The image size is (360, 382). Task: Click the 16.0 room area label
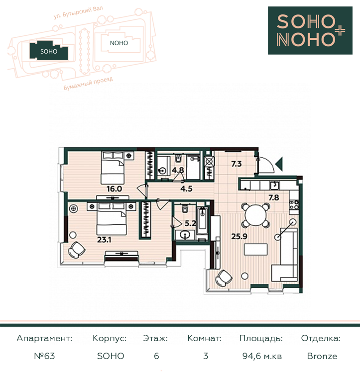coord(114,189)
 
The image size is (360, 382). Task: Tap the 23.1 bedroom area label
coord(104,240)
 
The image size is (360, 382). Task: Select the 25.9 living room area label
coord(240,236)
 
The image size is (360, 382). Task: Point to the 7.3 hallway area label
coord(237,164)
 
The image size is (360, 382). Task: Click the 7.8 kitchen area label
coord(274,197)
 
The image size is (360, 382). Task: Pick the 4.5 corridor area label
coord(186,189)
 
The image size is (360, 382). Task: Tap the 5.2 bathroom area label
coord(190,223)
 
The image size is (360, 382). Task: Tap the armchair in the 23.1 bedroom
coord(77,250)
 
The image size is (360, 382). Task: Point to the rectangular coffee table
coord(255,249)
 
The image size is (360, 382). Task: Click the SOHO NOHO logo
coord(310,30)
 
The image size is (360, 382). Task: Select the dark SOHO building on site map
coord(49,50)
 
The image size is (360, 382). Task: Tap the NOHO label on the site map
coord(119,43)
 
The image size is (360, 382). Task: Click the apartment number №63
coord(44,356)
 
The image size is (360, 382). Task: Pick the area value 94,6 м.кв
coord(262,356)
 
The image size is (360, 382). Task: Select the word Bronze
coord(322,356)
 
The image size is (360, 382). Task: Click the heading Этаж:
coord(155,338)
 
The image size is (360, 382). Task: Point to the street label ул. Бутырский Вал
coord(78,12)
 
